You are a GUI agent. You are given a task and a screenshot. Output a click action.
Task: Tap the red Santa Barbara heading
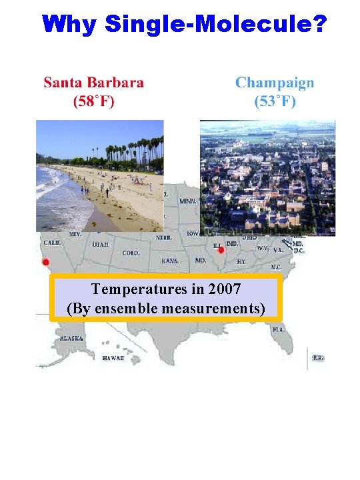tap(94, 83)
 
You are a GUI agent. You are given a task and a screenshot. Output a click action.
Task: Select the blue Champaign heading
tap(275, 83)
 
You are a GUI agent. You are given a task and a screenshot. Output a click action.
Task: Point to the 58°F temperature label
tap(93, 101)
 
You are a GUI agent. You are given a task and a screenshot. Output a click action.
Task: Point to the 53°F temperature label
tap(275, 101)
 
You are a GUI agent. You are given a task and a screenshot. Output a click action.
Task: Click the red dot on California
tap(45, 262)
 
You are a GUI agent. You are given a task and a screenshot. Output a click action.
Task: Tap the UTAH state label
tap(101, 245)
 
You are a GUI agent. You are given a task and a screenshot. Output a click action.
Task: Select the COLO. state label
tap(131, 253)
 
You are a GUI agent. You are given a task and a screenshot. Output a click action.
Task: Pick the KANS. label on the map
tap(170, 261)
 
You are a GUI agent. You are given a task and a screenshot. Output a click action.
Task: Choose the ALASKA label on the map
tap(71, 339)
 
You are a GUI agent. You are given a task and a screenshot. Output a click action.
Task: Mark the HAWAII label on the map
tap(113, 358)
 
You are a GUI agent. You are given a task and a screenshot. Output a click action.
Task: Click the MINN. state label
tap(188, 201)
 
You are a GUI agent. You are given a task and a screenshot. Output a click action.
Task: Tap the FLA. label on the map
tap(278, 329)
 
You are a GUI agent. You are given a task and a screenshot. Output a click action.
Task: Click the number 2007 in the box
tap(226, 289)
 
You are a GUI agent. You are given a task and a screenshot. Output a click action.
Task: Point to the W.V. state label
tap(263, 248)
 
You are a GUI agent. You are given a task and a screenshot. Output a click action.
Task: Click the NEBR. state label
tap(164, 238)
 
